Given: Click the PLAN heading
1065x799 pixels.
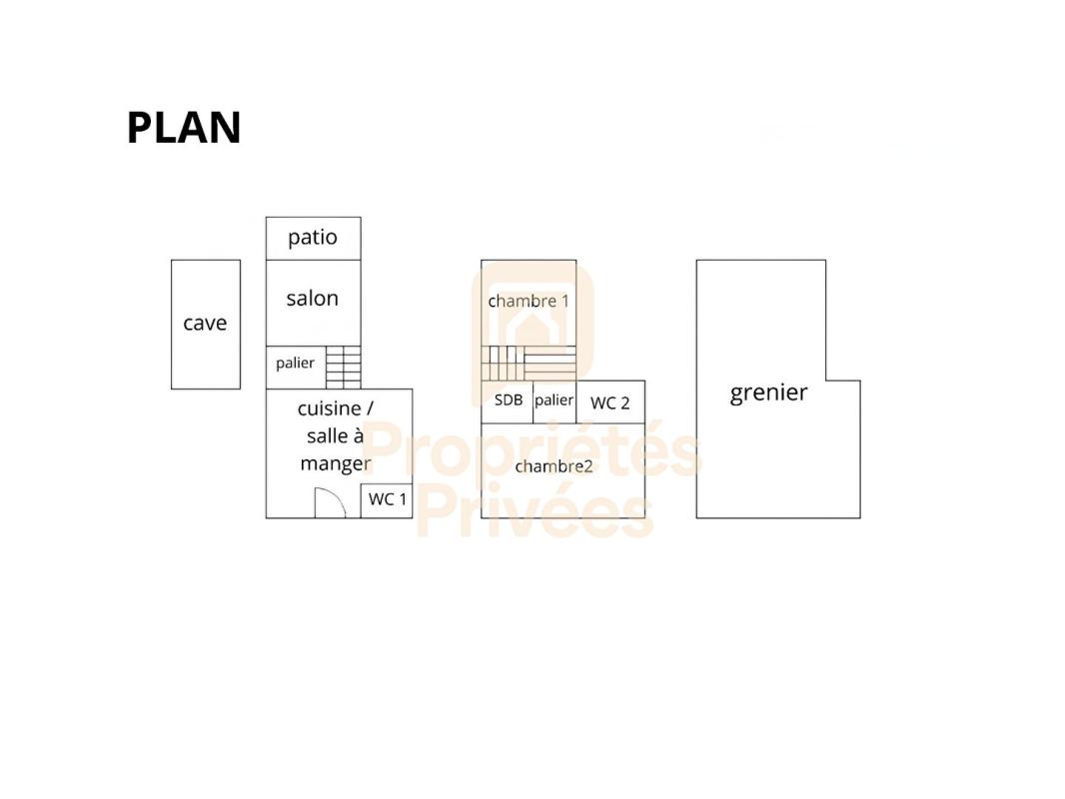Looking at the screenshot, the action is (x=184, y=128).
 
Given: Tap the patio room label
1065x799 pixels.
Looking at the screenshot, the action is (x=313, y=238).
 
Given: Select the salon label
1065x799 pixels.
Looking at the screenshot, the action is (x=313, y=298).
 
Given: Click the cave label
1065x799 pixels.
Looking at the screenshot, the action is (x=205, y=324).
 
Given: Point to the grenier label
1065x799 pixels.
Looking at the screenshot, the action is (x=769, y=394).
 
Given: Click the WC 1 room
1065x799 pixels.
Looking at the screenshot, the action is (x=387, y=501).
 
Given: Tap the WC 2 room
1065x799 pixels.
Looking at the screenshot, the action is (x=610, y=401).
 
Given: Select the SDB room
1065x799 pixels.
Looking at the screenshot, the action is (x=508, y=401).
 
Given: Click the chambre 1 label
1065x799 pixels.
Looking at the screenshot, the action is (x=529, y=301).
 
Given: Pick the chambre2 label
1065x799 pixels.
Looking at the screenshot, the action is (x=553, y=466).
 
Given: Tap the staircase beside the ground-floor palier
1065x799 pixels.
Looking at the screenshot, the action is (x=343, y=368).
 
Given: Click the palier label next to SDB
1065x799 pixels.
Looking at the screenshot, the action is (x=553, y=400).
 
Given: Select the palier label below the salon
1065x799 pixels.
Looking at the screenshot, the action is (x=295, y=364).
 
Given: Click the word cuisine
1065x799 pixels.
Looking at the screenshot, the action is (x=330, y=408).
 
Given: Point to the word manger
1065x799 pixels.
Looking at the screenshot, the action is (x=336, y=464).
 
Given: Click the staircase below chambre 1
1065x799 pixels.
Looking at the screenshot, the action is (x=530, y=364).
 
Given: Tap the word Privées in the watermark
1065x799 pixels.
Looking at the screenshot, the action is (x=534, y=510).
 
